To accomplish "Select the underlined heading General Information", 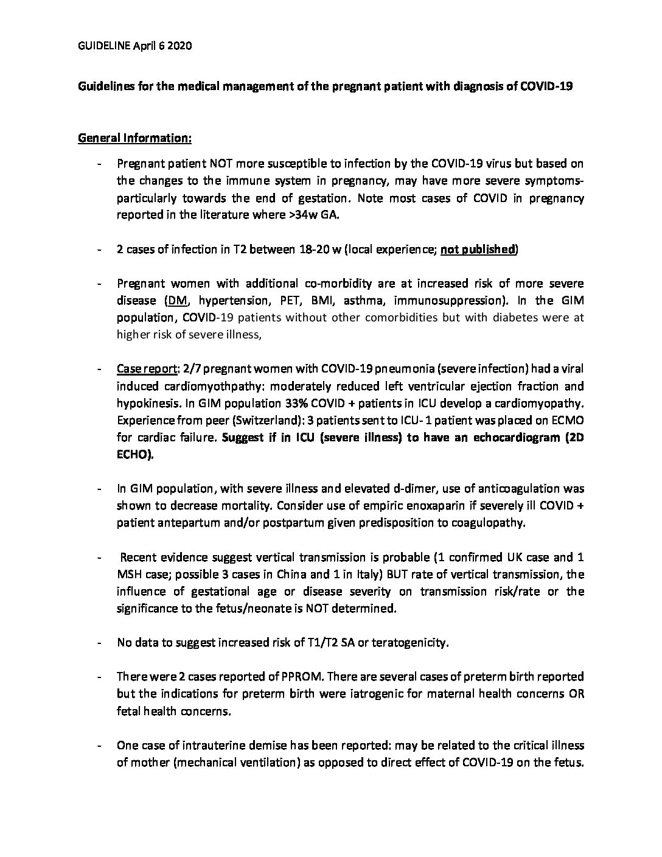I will pos(134,138).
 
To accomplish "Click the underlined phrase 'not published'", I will pos(478,250).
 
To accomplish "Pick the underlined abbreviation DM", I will pos(175,301).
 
